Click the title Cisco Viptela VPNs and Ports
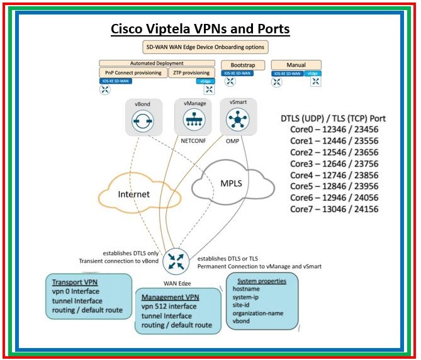[x=200, y=29]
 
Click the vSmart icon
[x=237, y=120]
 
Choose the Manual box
[x=296, y=64]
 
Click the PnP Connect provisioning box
[x=132, y=73]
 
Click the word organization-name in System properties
[x=258, y=312]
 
